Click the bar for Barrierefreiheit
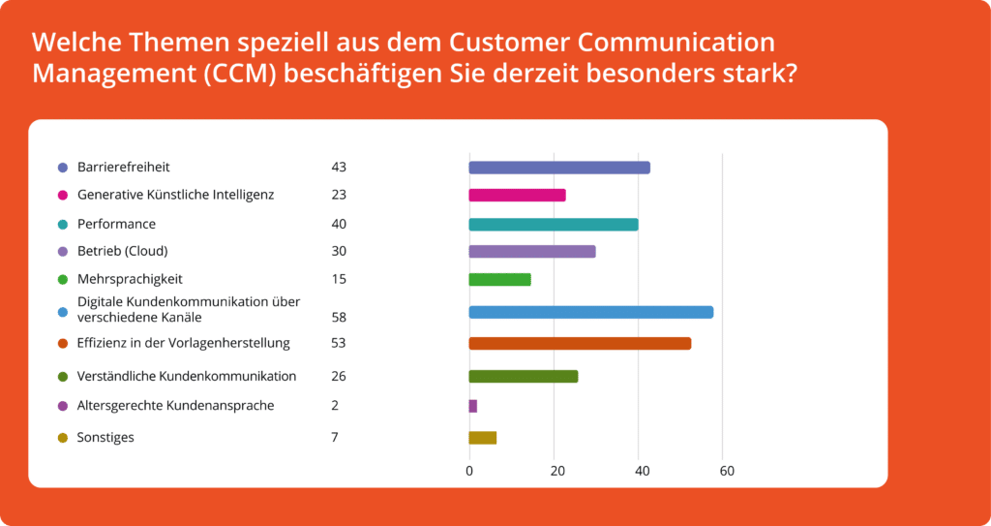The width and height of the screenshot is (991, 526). pyautogui.click(x=559, y=168)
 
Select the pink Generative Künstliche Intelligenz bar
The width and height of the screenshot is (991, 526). pyautogui.click(x=517, y=195)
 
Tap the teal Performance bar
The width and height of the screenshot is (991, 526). pyautogui.click(x=554, y=225)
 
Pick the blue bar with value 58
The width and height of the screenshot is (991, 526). pyautogui.click(x=591, y=312)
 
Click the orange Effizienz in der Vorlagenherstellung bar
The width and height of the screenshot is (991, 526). pyautogui.click(x=580, y=343)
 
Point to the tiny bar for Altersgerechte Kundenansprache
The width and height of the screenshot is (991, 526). pyautogui.click(x=473, y=406)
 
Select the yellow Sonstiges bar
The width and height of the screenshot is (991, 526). pyautogui.click(x=483, y=438)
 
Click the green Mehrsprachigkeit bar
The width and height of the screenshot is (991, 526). pyautogui.click(x=499, y=280)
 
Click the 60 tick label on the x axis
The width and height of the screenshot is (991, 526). pyautogui.click(x=726, y=472)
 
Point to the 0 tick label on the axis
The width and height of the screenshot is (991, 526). pyautogui.click(x=469, y=472)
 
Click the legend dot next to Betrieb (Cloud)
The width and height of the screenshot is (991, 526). pyautogui.click(x=63, y=252)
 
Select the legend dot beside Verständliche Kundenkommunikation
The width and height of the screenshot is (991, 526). pyautogui.click(x=63, y=377)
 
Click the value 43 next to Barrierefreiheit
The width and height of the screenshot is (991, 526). pyautogui.click(x=339, y=168)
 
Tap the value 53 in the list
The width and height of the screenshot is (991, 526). pyautogui.click(x=339, y=343)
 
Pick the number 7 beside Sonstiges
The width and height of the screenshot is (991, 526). pyautogui.click(x=335, y=438)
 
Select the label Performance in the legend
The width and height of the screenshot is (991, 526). pyautogui.click(x=116, y=224)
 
